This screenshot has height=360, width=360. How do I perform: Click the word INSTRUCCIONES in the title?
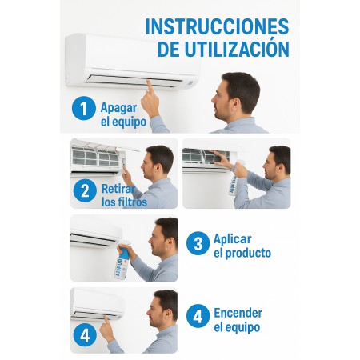(217, 26)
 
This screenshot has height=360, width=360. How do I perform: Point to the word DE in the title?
(169, 50)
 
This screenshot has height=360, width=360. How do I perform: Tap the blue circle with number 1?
(84, 108)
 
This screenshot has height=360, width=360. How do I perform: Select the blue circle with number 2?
(85, 190)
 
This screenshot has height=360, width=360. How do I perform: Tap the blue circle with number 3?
(198, 243)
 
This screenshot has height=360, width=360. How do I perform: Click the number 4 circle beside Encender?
(198, 316)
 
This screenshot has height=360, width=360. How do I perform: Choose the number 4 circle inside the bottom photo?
(85, 335)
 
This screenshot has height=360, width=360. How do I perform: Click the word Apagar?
(118, 109)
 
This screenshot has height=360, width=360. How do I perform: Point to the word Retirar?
(118, 189)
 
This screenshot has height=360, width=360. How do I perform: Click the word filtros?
(132, 202)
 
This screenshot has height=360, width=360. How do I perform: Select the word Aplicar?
(233, 239)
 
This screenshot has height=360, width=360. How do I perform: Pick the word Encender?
(238, 313)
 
